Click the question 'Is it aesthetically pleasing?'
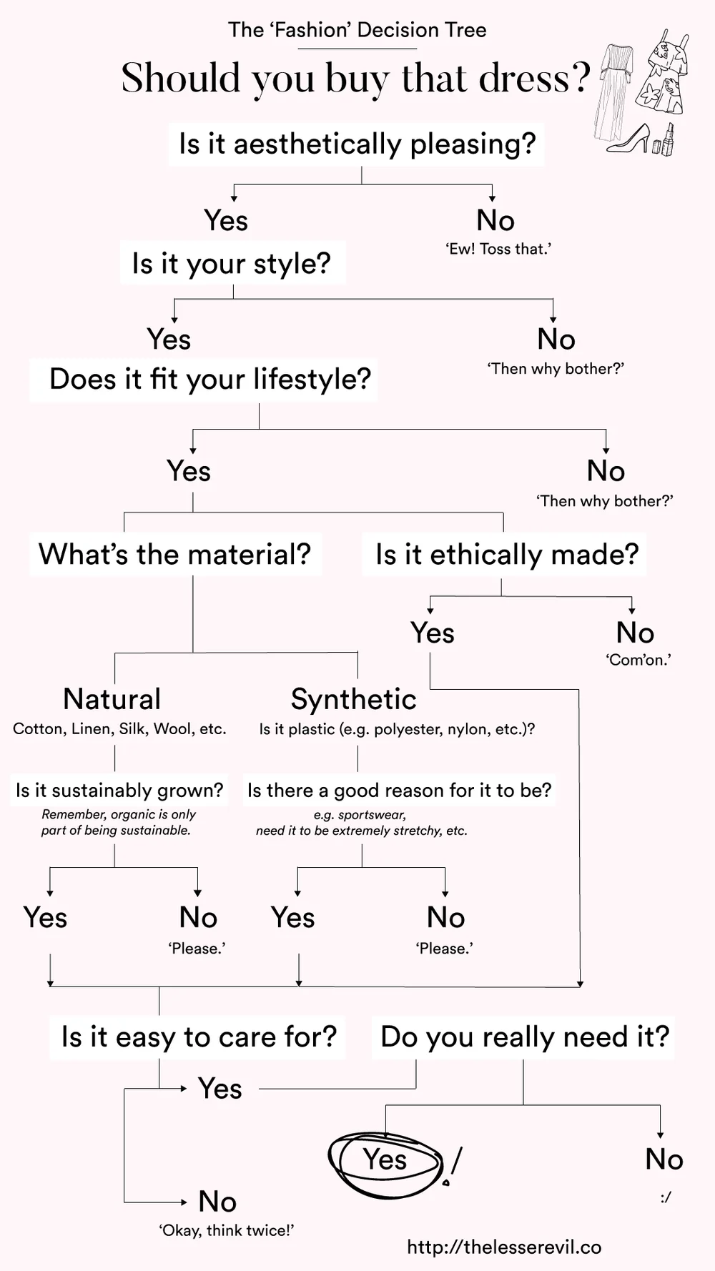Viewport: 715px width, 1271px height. coord(357,144)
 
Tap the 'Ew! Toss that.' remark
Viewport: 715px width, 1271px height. coord(498,249)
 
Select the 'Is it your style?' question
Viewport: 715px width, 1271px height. coord(232,263)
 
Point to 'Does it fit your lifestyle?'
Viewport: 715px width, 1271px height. coord(210,379)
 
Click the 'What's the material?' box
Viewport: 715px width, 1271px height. coord(175,554)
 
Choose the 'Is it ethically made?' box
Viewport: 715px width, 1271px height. coord(507,554)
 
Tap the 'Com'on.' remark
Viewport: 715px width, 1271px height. coord(638,660)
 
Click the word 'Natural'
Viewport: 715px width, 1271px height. coord(112,699)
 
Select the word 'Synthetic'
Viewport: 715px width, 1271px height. coord(354,699)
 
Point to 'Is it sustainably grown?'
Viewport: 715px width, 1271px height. coord(119,791)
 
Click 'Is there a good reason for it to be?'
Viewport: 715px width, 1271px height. coord(399,791)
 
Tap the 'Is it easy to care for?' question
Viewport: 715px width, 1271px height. coord(199,1037)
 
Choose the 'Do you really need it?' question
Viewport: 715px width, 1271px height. coord(525,1037)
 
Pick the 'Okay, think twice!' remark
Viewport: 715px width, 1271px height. coord(226,1230)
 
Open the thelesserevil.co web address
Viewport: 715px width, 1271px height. coord(504,1247)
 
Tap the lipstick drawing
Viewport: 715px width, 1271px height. coord(668,139)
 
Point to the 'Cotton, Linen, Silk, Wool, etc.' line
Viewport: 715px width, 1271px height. coord(119,729)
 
